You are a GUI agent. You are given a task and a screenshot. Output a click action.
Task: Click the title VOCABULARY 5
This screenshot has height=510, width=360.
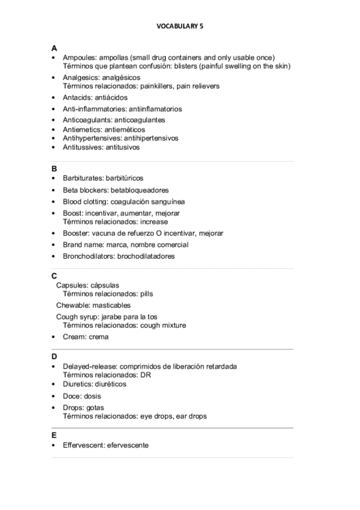point(180,26)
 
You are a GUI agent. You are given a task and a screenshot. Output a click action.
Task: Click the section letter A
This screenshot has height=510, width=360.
point(54,48)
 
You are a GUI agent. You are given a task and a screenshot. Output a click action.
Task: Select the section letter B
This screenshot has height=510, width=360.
point(54,169)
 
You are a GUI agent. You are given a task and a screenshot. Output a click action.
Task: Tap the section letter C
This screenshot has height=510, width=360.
point(54,275)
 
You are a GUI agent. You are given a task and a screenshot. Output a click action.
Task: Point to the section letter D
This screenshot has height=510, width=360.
point(54,357)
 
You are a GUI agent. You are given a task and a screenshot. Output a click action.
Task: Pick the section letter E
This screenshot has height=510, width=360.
point(54,435)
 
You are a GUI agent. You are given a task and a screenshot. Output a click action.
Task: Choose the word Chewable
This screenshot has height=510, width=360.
point(72,305)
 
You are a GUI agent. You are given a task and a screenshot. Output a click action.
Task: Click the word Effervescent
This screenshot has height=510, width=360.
point(82,445)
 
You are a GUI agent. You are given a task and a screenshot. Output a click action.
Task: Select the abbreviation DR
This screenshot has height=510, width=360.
point(145,375)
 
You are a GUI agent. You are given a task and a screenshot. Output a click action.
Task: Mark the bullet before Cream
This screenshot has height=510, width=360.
point(54,337)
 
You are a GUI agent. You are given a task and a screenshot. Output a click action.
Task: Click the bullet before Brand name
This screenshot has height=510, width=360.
point(54,245)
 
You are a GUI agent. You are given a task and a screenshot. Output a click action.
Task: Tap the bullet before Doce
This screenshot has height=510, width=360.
point(54,396)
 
